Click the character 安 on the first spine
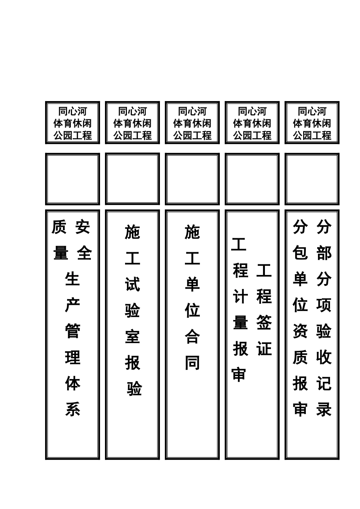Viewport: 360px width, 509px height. coord(83,227)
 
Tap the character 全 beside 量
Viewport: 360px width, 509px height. coord(84,253)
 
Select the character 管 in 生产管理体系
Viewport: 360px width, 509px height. coord(72,331)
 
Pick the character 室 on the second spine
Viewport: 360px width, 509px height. coord(132,336)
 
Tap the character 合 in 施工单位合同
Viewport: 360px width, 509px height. coord(192,336)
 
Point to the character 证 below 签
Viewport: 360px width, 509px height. coord(264,348)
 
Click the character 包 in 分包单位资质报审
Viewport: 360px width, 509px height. coord(300,253)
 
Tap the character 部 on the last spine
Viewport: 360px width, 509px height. coord(324,253)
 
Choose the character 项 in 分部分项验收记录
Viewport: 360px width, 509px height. coord(324,305)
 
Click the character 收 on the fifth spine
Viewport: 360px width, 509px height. coord(324,357)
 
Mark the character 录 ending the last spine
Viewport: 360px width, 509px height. coord(324,409)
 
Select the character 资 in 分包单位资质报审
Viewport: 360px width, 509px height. coord(300,331)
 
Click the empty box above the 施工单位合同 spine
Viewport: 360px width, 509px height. coord(192,179)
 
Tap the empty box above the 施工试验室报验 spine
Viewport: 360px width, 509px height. coord(132,178)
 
